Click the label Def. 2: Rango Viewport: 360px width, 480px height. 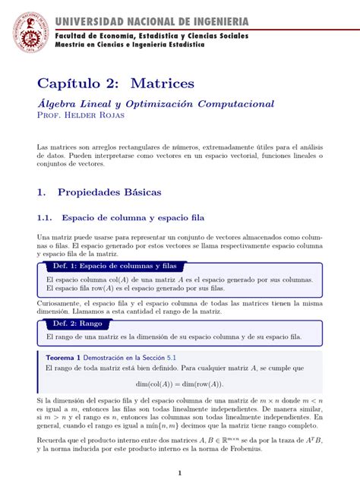(x=74, y=323)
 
